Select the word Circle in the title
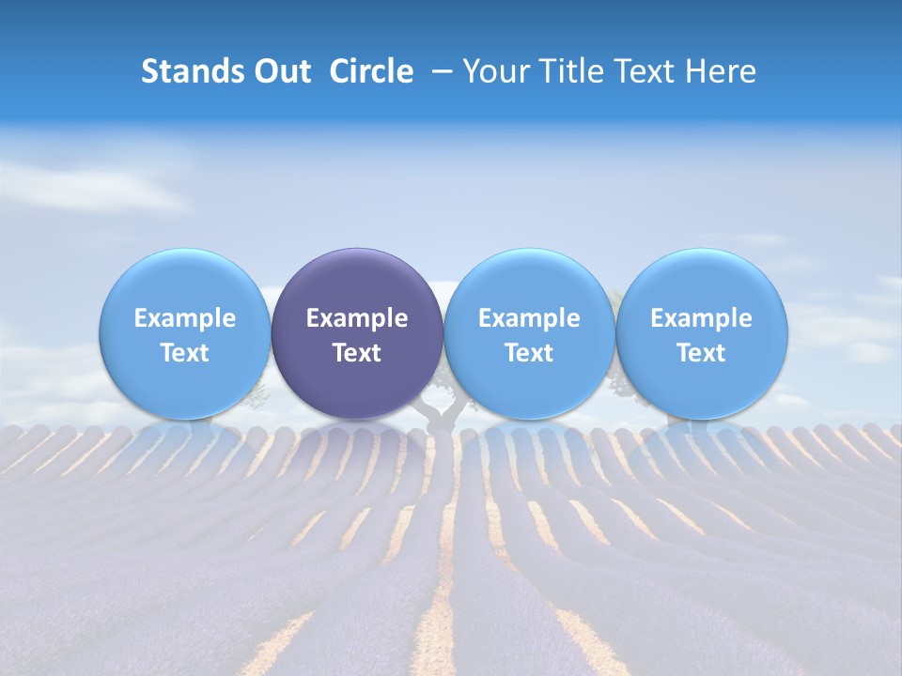[x=371, y=71]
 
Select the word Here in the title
[x=722, y=71]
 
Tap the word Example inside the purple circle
[x=357, y=318]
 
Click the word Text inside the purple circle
[x=357, y=353]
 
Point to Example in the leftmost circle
[x=184, y=318]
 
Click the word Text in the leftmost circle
[x=184, y=353]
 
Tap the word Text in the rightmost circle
[x=702, y=353]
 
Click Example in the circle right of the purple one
[x=529, y=318]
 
